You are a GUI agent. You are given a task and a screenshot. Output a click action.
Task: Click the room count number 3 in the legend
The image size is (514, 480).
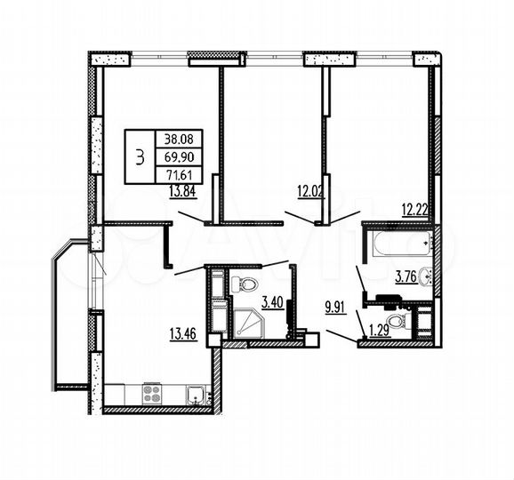(139, 156)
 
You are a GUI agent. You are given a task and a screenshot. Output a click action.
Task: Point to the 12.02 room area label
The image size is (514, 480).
(311, 190)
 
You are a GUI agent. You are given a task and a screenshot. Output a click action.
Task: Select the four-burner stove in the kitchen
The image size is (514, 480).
(151, 392)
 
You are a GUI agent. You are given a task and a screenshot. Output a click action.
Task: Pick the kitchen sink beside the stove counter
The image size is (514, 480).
(194, 393)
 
